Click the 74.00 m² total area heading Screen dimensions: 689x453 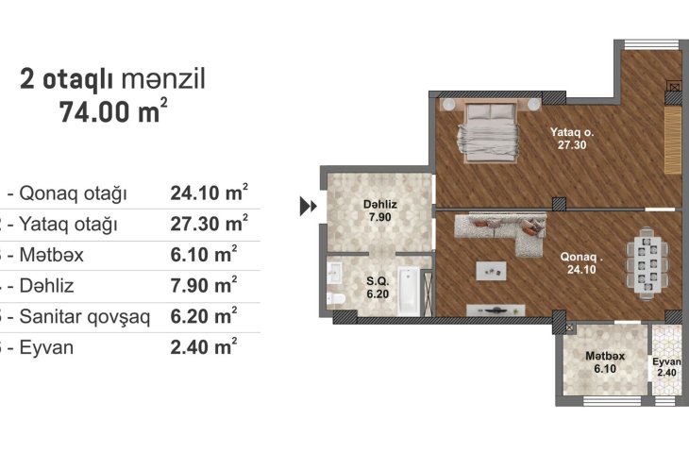pos(113,111)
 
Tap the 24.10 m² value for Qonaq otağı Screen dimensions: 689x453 pos(210,193)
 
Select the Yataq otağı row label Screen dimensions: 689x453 pos(68,225)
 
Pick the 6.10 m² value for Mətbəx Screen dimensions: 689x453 pos(204,255)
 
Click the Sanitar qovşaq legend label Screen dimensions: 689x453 pos(85,317)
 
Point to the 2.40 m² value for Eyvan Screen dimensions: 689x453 pos(204,346)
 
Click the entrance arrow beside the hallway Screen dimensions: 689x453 pos(308,206)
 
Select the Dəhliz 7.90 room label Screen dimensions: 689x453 pos(379,210)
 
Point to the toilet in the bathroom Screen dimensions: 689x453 pos(336,298)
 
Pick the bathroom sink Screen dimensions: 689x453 pos(334,274)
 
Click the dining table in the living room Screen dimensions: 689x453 pos(647,263)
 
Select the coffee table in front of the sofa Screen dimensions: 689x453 pos(491,271)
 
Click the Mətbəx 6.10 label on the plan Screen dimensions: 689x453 pos(605,362)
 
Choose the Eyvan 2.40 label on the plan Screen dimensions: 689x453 pos(666,367)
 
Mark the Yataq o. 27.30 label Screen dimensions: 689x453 pos(572,139)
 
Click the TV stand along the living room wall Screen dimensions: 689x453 pos(496,310)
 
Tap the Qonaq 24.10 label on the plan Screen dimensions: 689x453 pos(580,263)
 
